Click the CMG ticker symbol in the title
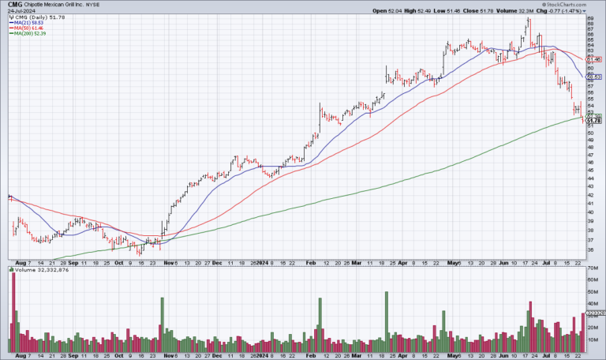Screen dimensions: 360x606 click(13, 5)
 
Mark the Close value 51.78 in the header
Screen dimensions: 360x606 click(501, 12)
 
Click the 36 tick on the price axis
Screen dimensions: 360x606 click(590, 250)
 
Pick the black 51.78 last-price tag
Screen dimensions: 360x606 click(595, 120)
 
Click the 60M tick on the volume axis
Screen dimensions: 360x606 click(592, 280)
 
